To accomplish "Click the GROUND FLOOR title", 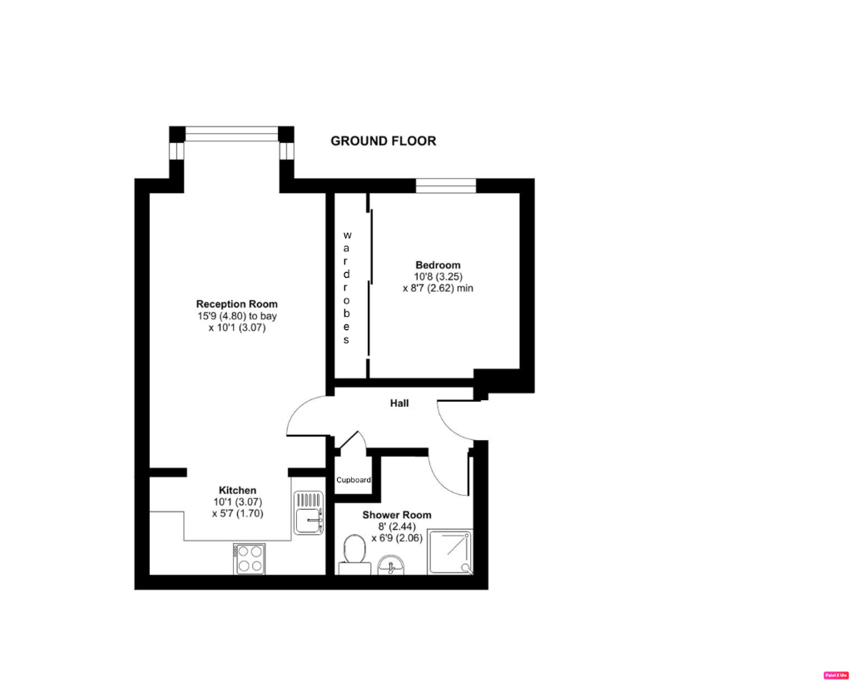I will point(383,141).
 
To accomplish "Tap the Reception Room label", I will point(237,304).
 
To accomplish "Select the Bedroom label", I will point(438,265).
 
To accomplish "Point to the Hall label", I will point(400,404).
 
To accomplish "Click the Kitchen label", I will point(237,491).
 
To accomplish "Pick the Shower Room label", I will point(397,516).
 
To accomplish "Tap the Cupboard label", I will point(354,481).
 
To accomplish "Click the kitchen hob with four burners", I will point(250,557).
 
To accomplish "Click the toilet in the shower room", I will point(354,553).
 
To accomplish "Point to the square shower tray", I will point(453,553).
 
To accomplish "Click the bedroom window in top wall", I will point(446,185).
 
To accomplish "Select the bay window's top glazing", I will point(231,133).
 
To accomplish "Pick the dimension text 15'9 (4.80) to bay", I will point(237,317).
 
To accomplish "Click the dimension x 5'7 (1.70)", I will point(237,514).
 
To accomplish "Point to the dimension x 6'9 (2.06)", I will point(397,538).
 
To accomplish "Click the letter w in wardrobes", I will point(348,235).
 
